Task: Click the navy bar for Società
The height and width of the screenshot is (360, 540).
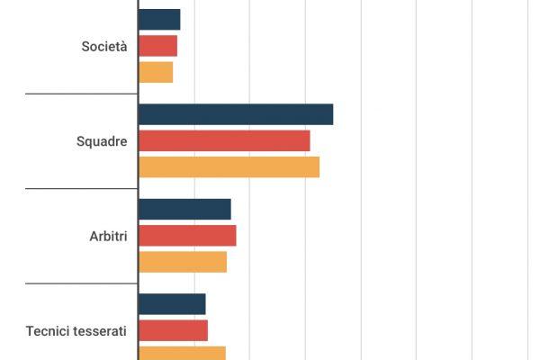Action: point(159,19)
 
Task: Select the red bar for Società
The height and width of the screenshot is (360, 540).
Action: point(157,46)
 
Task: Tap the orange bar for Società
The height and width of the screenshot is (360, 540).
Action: point(156,72)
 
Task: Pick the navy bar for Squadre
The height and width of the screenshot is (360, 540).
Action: point(236,114)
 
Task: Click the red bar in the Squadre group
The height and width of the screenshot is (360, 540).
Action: point(224,141)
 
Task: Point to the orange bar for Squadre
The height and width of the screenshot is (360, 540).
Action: point(229,167)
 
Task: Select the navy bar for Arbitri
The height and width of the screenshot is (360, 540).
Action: point(184,209)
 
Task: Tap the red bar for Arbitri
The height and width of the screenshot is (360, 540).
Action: point(187,236)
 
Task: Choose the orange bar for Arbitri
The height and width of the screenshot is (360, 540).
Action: point(183,262)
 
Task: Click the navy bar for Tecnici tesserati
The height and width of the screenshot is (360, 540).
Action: point(172,304)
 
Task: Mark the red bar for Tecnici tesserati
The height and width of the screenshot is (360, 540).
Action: point(173,330)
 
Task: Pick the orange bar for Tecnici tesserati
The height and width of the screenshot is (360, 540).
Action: point(182,353)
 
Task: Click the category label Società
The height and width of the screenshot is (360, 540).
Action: point(103,46)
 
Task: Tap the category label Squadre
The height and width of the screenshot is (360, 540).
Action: point(102,141)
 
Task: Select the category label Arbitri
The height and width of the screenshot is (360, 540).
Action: point(108,236)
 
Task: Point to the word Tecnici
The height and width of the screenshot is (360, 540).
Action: point(49,331)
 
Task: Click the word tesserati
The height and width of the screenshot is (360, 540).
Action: point(101,331)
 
